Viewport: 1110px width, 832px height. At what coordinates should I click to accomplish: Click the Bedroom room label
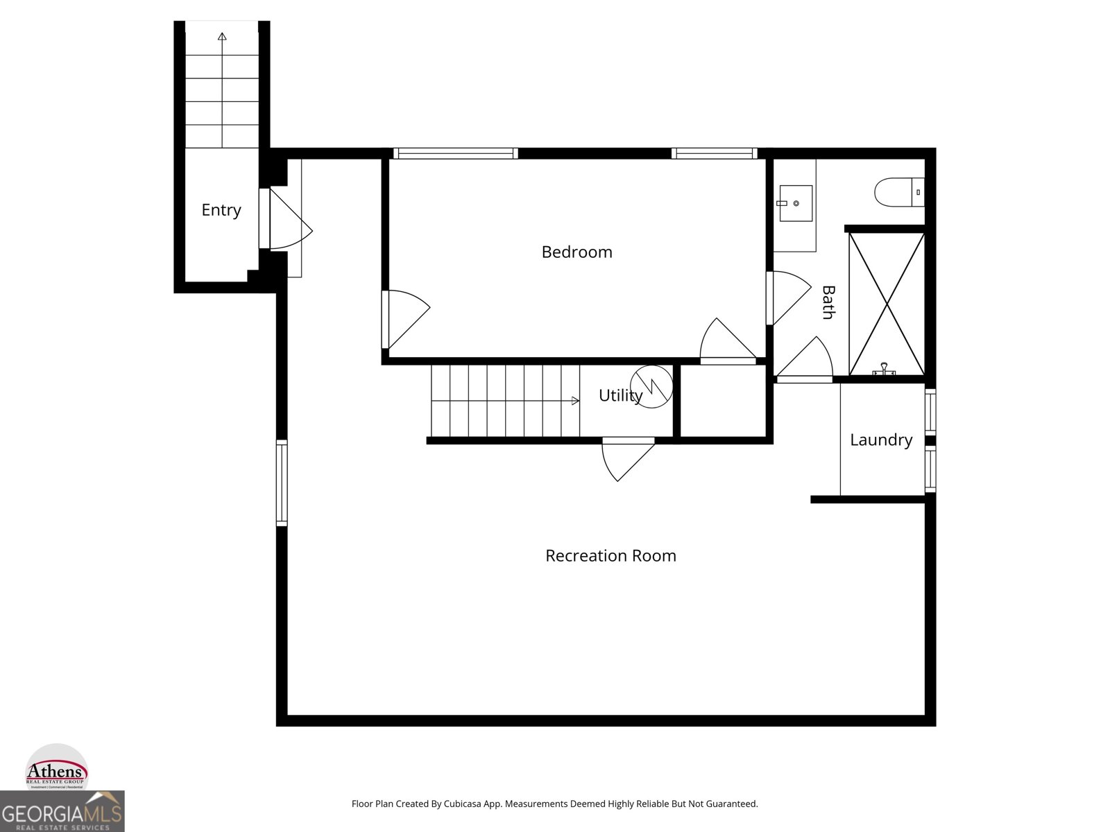[577, 252]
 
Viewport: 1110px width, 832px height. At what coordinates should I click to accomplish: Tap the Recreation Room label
[610, 555]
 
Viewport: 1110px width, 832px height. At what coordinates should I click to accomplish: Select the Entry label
[221, 210]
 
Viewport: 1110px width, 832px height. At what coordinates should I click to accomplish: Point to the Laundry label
[881, 440]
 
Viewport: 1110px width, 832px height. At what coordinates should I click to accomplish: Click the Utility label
[620, 395]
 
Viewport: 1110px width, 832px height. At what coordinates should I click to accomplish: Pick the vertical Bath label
[828, 302]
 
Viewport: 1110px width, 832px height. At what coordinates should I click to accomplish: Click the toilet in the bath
[898, 192]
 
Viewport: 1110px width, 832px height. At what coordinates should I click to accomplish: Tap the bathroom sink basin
[796, 202]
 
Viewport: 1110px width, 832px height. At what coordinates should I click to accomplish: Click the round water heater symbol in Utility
[651, 386]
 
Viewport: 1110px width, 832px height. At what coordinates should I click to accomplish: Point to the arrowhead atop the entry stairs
[222, 36]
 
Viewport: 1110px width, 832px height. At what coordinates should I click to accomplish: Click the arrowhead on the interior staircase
[575, 401]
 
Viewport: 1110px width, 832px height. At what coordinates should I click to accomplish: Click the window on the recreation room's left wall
[282, 482]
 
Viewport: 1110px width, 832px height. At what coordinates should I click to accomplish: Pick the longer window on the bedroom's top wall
[455, 153]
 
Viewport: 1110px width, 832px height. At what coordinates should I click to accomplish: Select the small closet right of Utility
[723, 401]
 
